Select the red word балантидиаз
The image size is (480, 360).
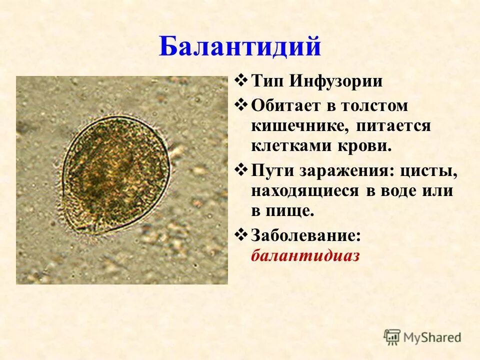[x=305, y=255]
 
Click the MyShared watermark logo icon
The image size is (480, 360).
[x=392, y=337]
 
